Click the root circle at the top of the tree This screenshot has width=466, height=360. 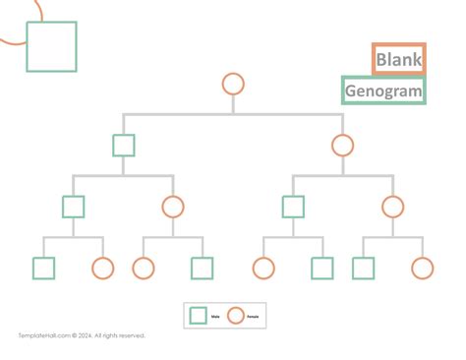click(x=233, y=84)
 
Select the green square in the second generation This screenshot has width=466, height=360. click(x=123, y=146)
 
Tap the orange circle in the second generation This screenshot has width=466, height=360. click(x=342, y=146)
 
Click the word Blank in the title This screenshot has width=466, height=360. click(x=398, y=60)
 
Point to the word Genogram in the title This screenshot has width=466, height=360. click(x=383, y=91)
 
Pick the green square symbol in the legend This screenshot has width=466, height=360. click(x=198, y=315)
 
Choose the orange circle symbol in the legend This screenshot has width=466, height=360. click(x=235, y=315)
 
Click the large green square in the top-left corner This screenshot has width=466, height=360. click(x=51, y=46)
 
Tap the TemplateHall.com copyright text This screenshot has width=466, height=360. click(x=82, y=335)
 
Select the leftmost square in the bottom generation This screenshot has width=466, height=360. click(x=43, y=268)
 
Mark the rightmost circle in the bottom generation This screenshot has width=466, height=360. click(x=423, y=268)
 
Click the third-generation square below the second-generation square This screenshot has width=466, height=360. click(x=73, y=207)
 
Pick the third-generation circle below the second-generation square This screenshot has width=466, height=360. click(x=173, y=207)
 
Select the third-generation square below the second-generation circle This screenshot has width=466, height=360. click(x=293, y=207)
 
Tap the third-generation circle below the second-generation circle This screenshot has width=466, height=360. click(x=393, y=207)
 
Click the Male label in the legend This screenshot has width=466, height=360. click(x=215, y=316)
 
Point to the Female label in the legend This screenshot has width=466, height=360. click(x=254, y=316)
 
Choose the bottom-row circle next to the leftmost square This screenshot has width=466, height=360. click(x=103, y=268)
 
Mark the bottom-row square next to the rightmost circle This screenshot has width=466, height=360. click(x=363, y=268)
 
